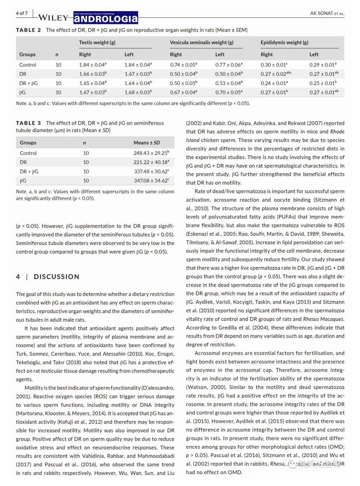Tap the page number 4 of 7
pos(22,13)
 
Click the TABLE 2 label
pos(28,30)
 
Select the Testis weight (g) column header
pos(97,42)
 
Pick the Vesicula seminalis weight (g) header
pos(201,42)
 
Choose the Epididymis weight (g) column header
pos(284,42)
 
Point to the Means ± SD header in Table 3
pos(147,143)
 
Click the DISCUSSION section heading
pos(56,277)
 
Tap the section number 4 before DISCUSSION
pos(18,277)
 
